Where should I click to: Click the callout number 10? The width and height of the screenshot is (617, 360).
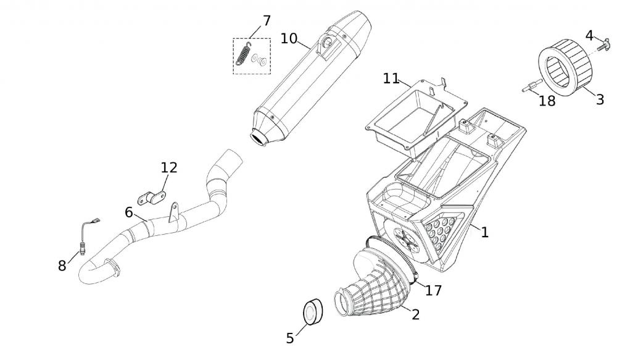[289, 38]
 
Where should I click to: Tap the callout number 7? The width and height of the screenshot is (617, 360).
[267, 20]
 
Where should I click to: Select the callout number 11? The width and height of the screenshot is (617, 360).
[391, 78]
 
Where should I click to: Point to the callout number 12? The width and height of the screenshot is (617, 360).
[169, 167]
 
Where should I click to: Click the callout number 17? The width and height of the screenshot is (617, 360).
[434, 290]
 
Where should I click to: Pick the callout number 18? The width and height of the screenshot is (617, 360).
[547, 101]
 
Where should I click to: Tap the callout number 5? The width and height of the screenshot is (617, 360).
[290, 338]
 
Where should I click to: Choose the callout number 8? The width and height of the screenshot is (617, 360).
[62, 266]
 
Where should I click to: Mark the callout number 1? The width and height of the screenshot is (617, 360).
[485, 232]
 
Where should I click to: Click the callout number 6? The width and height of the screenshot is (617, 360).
[128, 212]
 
